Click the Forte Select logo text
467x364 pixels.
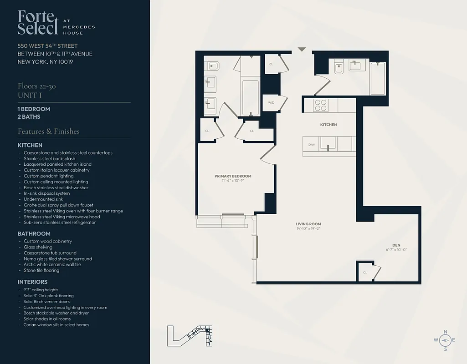38,22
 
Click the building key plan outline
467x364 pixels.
190,336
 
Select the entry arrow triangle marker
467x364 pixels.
301,49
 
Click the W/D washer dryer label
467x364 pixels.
271,102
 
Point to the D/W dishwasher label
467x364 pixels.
312,145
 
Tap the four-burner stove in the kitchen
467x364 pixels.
321,105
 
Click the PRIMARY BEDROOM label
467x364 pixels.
233,176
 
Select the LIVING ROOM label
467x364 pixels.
308,224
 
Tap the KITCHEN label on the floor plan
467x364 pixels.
328,125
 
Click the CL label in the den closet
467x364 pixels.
365,272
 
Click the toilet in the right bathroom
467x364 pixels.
339,67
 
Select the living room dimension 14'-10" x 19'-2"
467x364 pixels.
308,229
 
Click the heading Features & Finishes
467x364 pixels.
48,131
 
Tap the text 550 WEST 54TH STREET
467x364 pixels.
47,46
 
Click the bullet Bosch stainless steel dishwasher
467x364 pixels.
56,187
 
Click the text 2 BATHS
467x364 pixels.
29,117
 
